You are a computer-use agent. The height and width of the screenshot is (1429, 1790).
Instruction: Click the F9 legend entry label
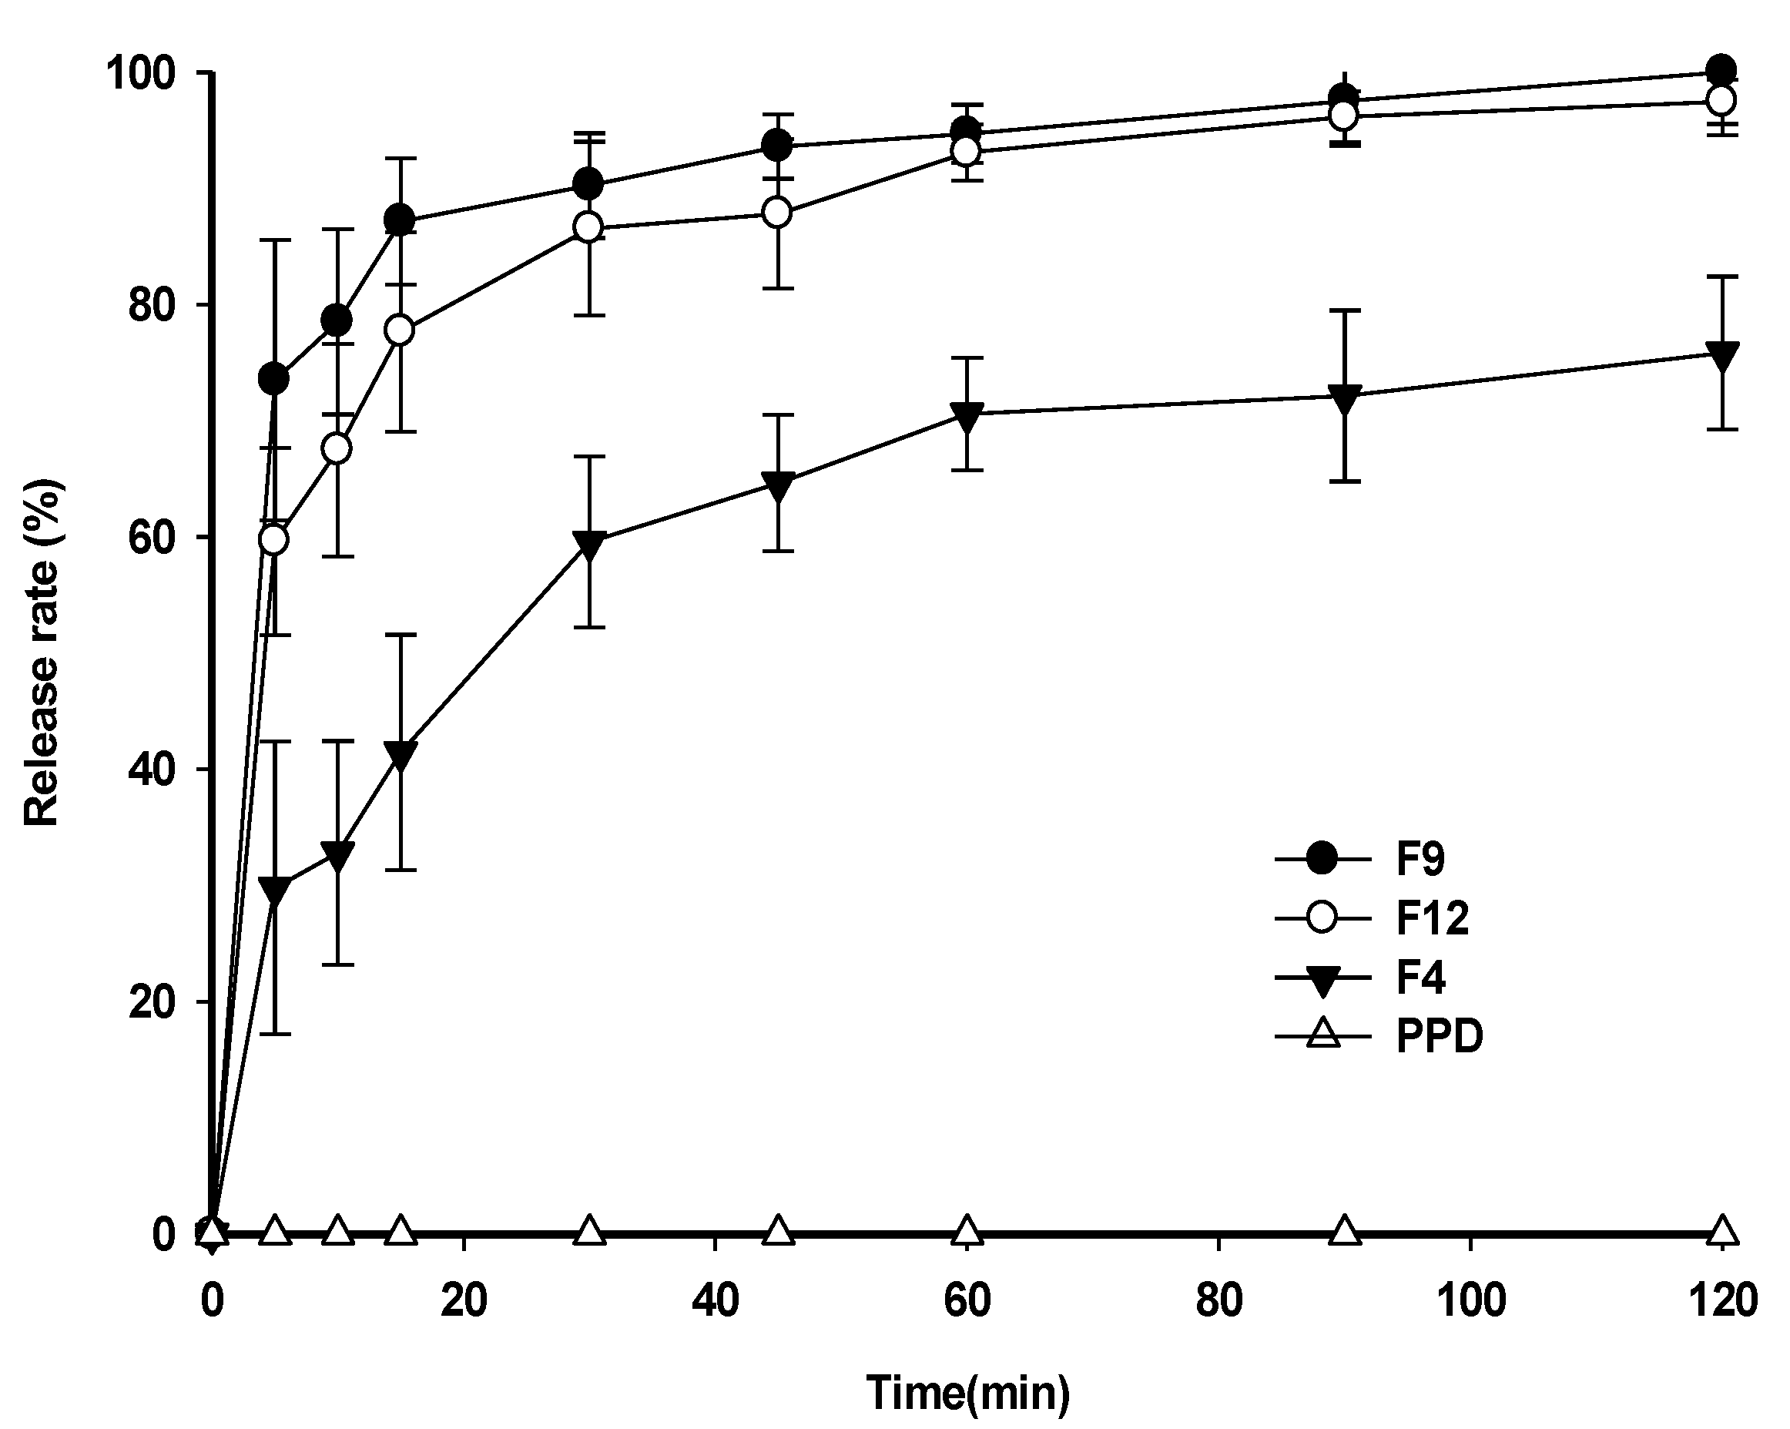[x=1420, y=859]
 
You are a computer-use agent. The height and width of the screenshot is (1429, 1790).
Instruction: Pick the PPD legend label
[x=1439, y=1036]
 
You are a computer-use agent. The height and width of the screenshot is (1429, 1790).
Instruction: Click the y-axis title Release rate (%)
[x=42, y=652]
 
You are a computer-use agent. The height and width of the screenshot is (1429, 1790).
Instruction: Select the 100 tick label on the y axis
[x=141, y=73]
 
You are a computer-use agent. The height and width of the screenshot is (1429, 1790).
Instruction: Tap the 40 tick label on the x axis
[x=715, y=1299]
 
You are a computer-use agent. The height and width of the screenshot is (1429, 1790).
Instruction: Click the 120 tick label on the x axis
[x=1723, y=1299]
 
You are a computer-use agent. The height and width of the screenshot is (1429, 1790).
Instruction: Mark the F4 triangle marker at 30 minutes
[x=588, y=544]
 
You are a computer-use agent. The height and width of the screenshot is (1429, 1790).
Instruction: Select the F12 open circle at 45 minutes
[x=777, y=213]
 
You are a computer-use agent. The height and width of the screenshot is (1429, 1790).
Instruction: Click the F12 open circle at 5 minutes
[x=274, y=540]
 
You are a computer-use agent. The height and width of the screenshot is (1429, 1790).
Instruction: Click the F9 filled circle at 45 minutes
[x=777, y=146]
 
